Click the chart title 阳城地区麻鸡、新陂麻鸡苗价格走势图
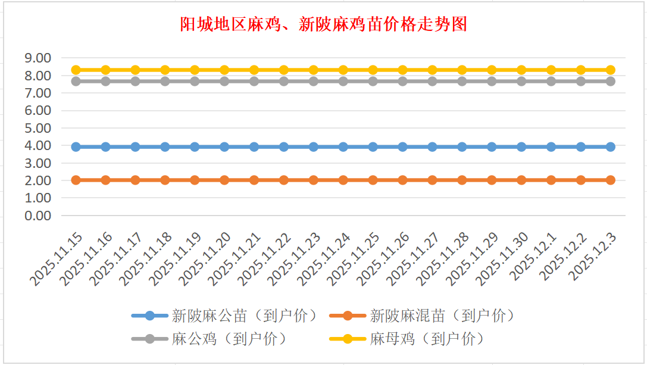323,24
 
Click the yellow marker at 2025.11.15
76,70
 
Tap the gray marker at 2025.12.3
610,81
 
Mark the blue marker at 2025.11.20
224,146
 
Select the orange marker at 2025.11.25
373,180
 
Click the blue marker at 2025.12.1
551,146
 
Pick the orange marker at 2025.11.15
76,180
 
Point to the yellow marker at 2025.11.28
462,70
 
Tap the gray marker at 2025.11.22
284,81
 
